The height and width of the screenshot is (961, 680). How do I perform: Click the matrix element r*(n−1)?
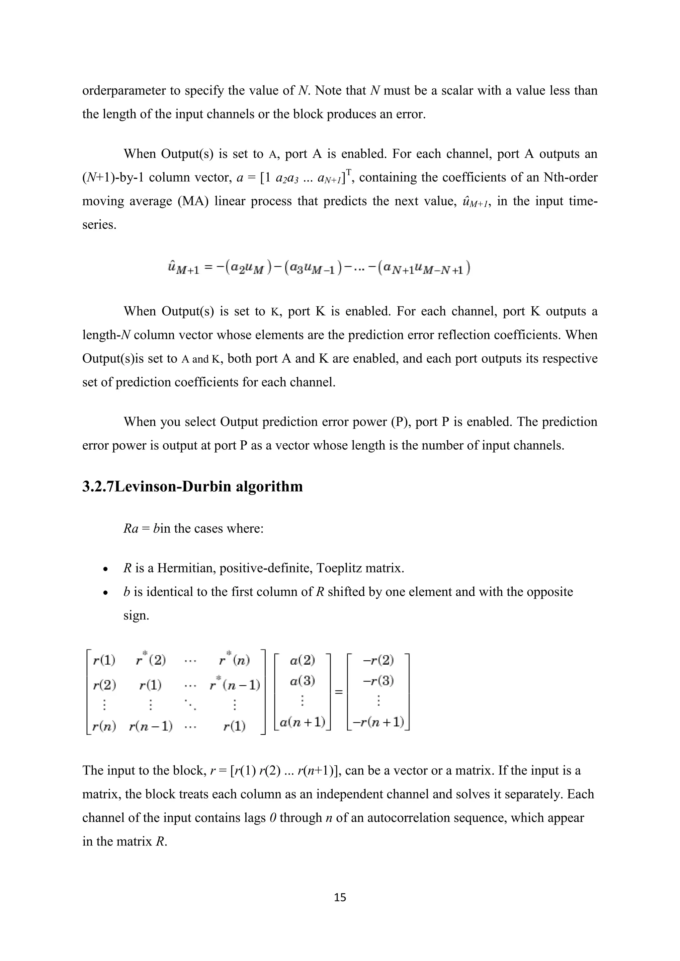click(x=235, y=685)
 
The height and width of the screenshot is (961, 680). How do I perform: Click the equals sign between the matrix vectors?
click(x=338, y=692)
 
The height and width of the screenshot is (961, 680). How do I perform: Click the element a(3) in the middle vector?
click(x=302, y=681)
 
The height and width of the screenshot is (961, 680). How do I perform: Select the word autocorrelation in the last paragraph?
click(x=423, y=817)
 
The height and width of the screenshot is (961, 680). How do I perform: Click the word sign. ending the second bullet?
click(x=136, y=616)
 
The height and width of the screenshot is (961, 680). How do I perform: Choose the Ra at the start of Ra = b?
click(x=130, y=529)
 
